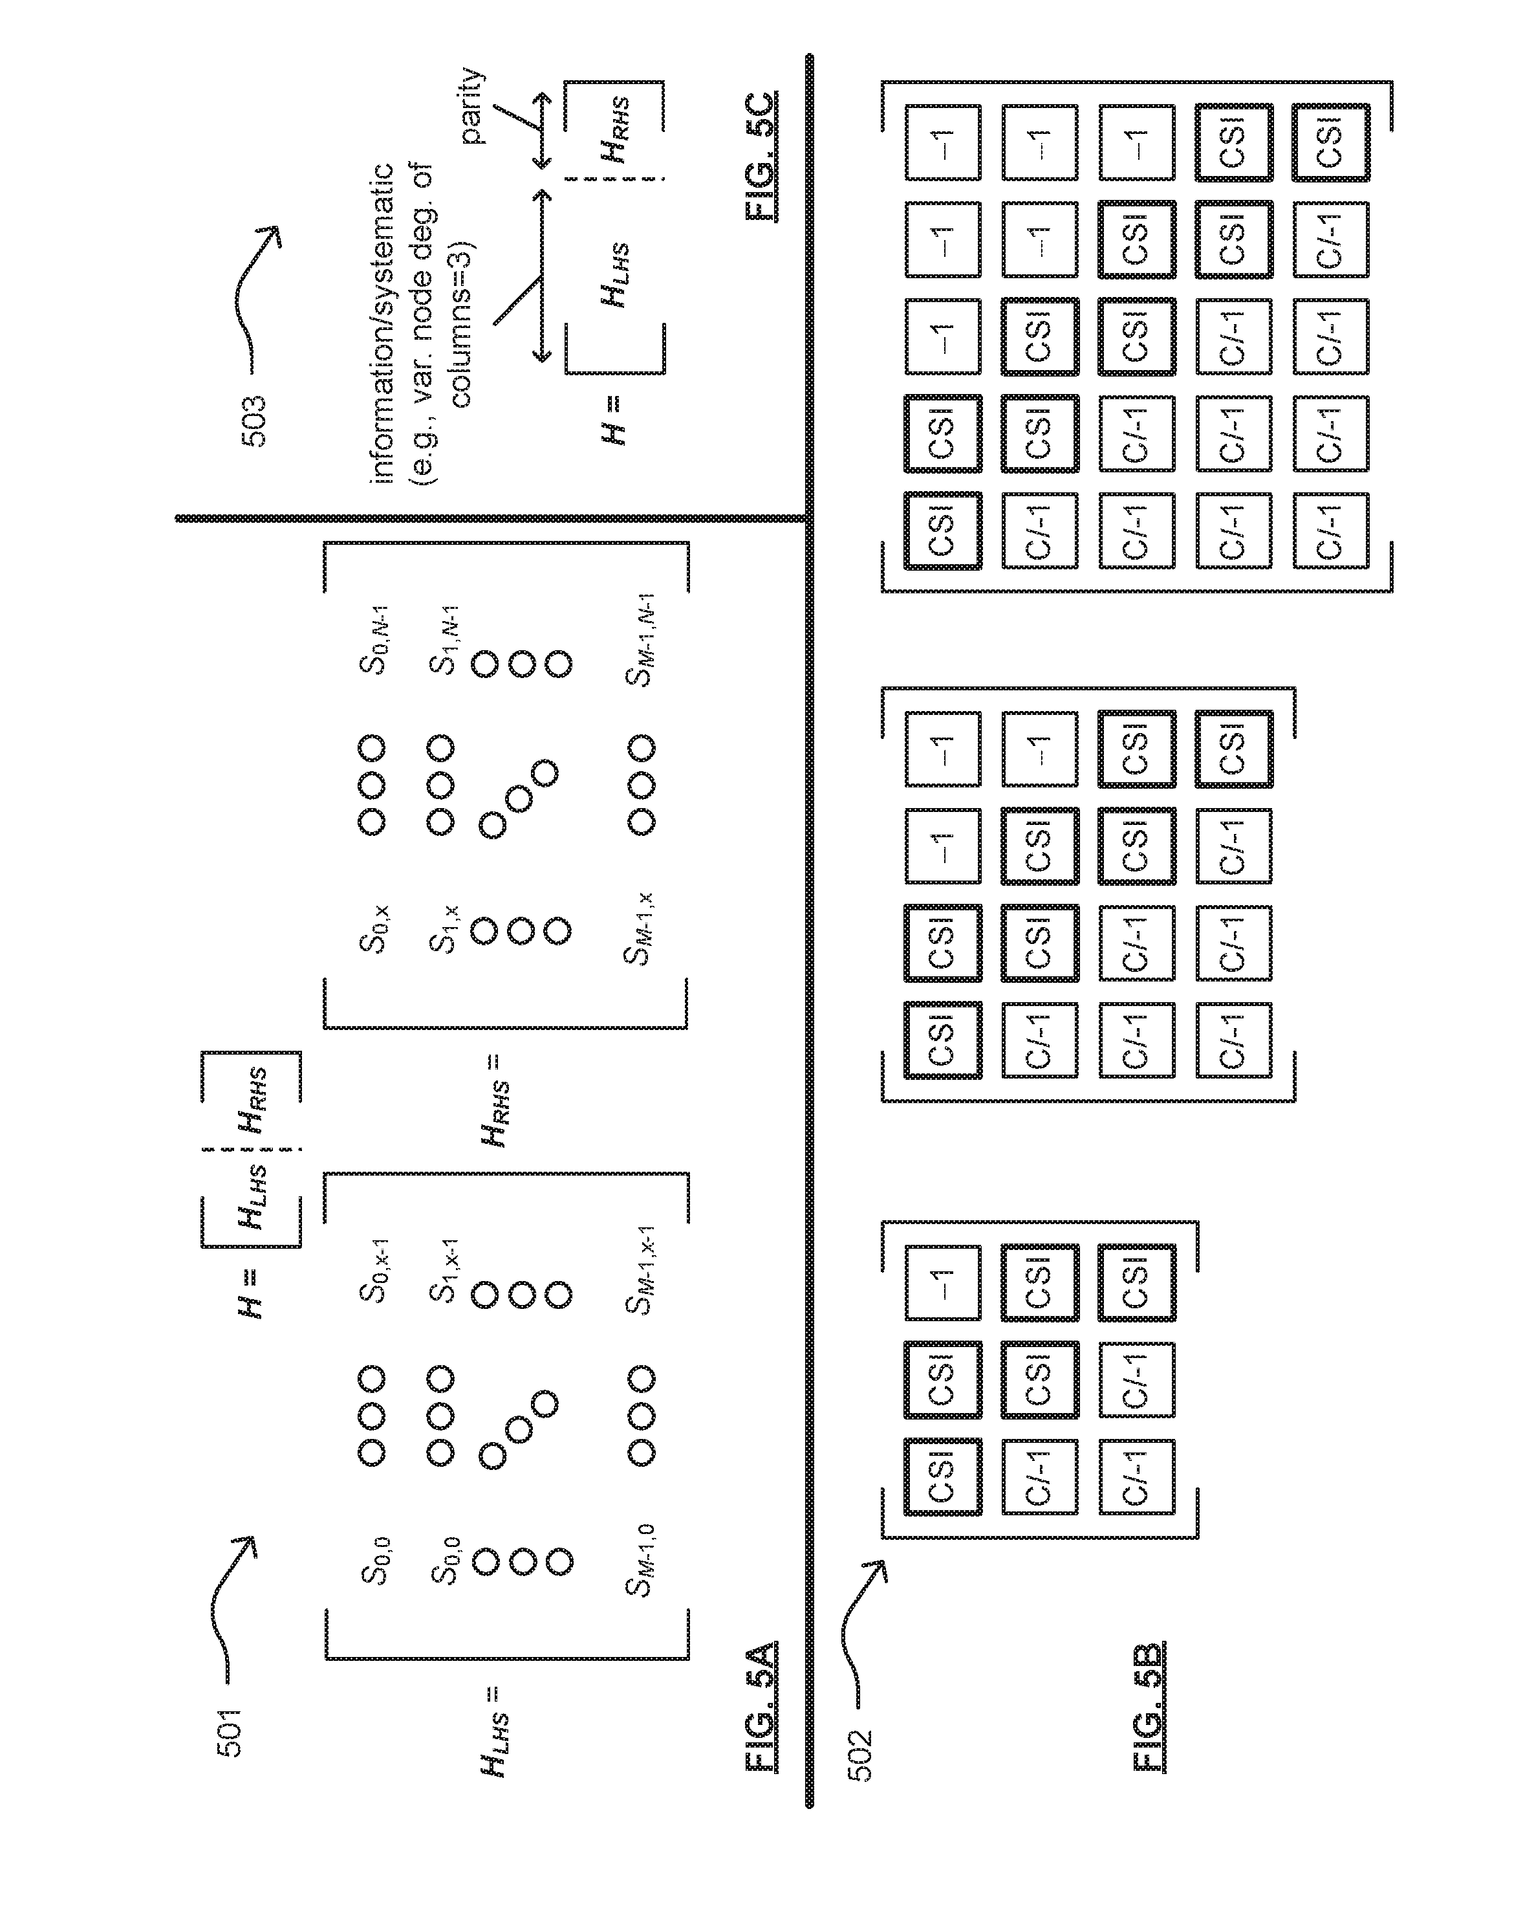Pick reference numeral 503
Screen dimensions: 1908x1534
tap(254, 421)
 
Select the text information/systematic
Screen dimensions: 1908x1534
tap(383, 324)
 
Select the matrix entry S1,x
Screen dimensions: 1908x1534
tap(443, 929)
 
